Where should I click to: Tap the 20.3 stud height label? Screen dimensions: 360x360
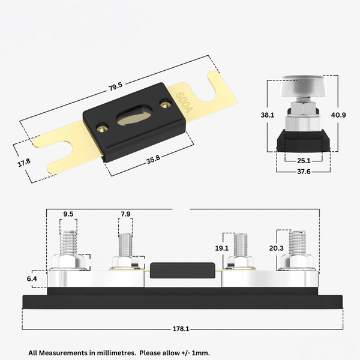point(277,247)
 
